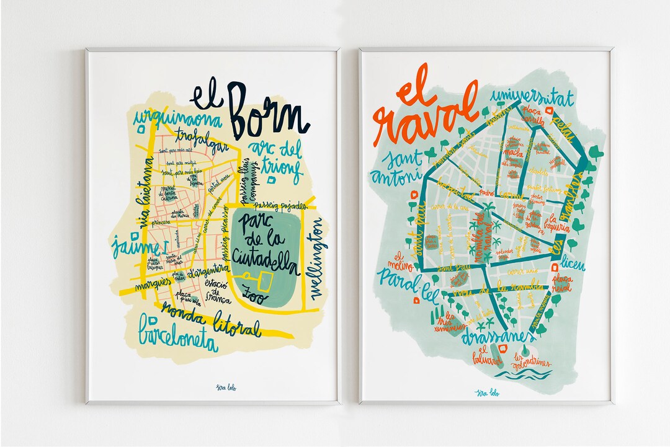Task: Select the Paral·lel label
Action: pyautogui.click(x=403, y=277)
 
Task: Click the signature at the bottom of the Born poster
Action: pyautogui.click(x=213, y=388)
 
